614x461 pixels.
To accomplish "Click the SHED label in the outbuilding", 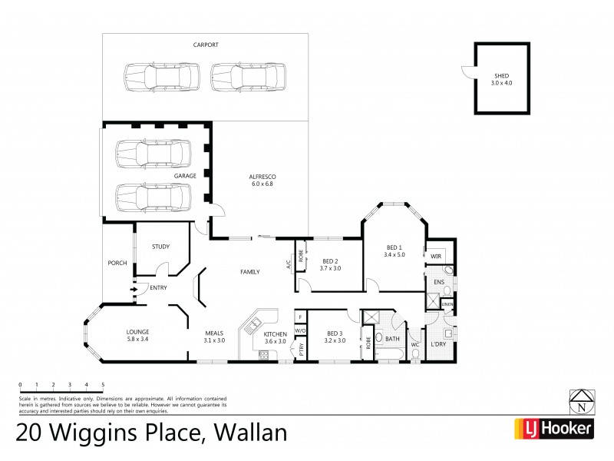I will pyautogui.click(x=501, y=79).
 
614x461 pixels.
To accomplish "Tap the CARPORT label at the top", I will pyautogui.click(x=205, y=45).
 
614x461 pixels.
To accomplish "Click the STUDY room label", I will pyautogui.click(x=160, y=247).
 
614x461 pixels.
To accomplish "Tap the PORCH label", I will pyautogui.click(x=117, y=264).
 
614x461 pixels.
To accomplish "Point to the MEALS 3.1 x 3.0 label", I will pyautogui.click(x=214, y=337).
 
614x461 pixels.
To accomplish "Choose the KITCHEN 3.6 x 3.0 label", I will pyautogui.click(x=275, y=337).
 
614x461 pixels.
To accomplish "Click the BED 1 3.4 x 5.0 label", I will pyautogui.click(x=394, y=250).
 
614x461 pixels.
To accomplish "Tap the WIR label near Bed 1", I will pyautogui.click(x=435, y=256).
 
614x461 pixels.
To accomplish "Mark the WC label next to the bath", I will pyautogui.click(x=414, y=344).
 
